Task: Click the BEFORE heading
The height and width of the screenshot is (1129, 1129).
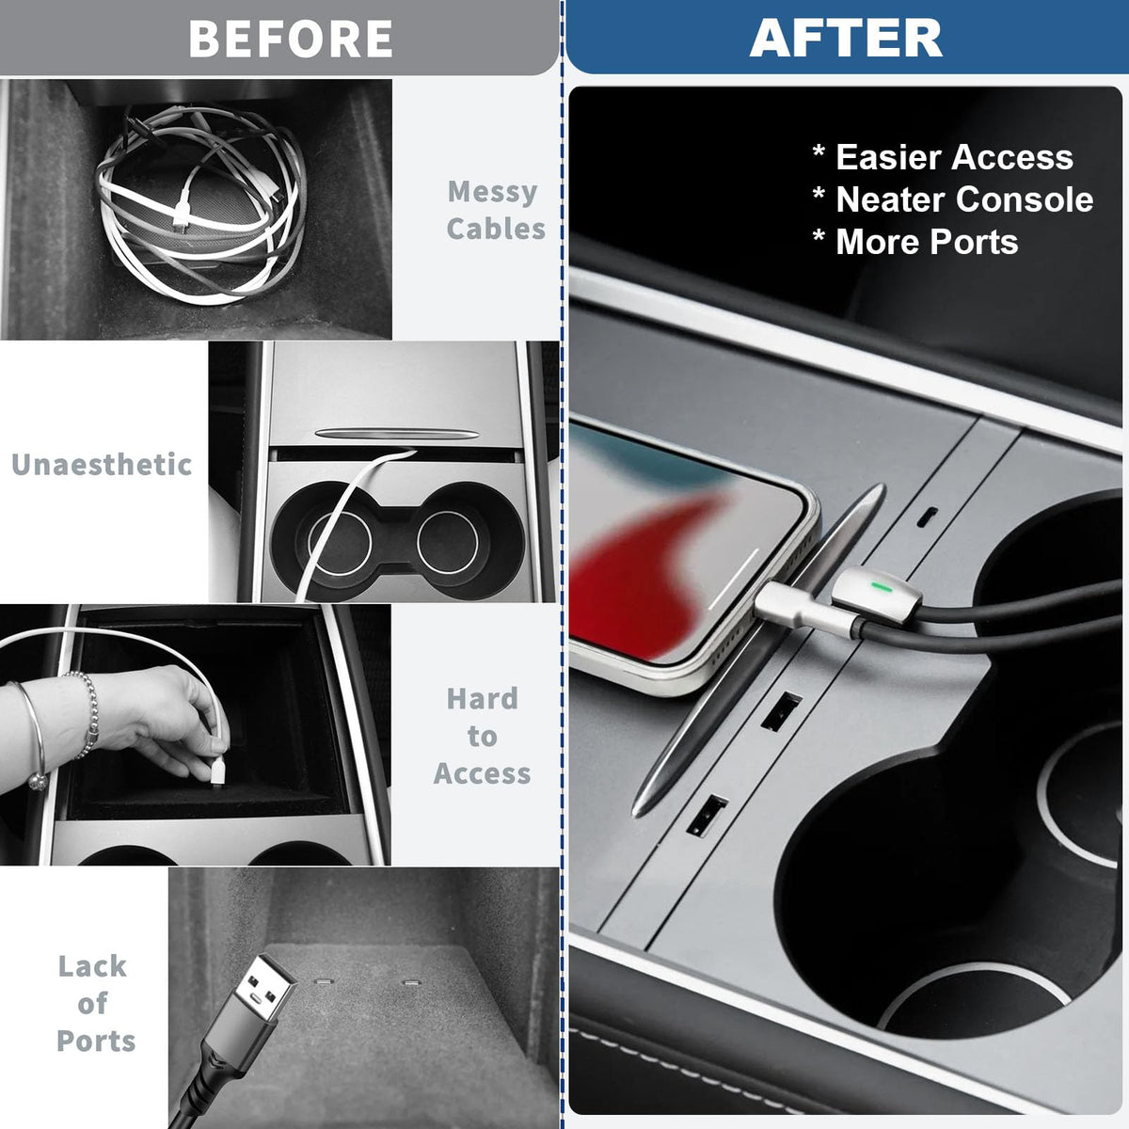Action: point(290,39)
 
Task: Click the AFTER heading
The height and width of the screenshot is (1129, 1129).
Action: point(846,38)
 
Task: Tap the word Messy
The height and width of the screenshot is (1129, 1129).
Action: point(492,192)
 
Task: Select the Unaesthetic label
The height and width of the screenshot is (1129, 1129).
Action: point(102,465)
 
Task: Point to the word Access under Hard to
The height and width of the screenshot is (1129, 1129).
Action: point(483,773)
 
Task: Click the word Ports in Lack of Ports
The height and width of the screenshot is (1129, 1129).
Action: point(96,1042)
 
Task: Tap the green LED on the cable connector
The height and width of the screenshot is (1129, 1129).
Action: point(881,586)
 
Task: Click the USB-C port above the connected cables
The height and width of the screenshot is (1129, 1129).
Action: point(927,517)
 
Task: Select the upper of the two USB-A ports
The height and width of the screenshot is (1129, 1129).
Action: point(781,711)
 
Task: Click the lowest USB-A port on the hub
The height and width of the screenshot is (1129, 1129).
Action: point(707,815)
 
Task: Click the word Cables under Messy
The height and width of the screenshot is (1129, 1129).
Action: point(496,229)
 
